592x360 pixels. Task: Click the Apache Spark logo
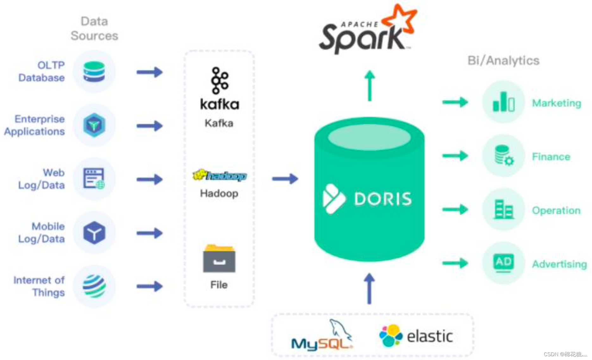point(367,32)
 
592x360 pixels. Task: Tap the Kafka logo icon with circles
point(219,80)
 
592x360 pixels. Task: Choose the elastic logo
point(416,336)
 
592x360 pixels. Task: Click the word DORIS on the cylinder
point(383,199)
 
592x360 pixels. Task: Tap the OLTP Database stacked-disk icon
point(94,71)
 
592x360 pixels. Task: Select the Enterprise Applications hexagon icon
point(94,125)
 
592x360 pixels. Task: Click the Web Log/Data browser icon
point(94,179)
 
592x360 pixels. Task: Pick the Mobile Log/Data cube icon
point(94,233)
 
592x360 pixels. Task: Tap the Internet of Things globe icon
point(94,286)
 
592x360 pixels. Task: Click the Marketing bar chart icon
point(503,102)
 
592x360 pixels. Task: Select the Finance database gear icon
point(503,155)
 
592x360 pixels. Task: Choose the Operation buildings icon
point(503,209)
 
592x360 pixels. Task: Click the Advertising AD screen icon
point(503,263)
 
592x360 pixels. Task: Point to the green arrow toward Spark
point(369,85)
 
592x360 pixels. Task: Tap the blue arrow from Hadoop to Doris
point(285,179)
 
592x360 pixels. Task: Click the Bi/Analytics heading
point(503,60)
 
